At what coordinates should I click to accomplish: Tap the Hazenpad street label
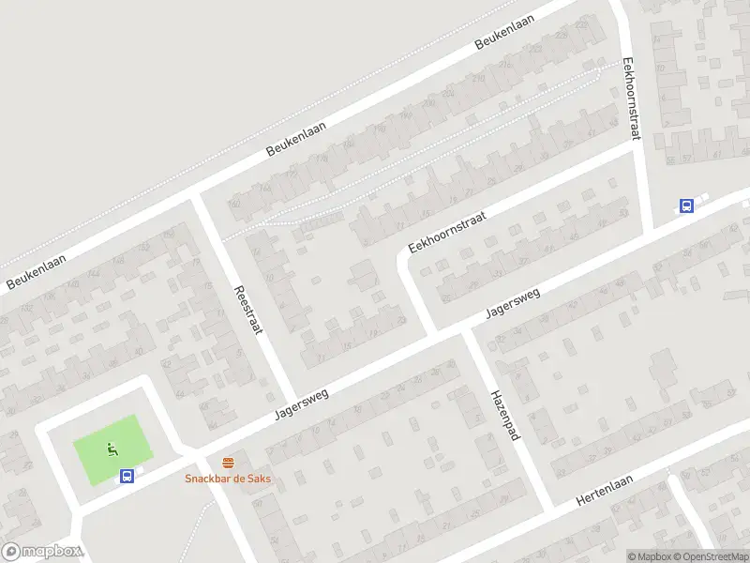tap(503, 418)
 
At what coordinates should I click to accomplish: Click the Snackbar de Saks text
tap(228, 478)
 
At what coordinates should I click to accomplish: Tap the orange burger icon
tap(228, 462)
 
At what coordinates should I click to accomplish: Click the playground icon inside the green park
tap(112, 449)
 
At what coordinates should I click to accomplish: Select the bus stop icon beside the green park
tap(127, 476)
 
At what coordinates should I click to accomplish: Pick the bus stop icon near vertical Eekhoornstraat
tap(686, 206)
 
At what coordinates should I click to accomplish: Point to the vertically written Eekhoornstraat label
tap(630, 99)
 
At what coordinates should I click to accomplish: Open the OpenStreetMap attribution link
tap(712, 556)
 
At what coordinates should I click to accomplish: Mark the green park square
tap(110, 449)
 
